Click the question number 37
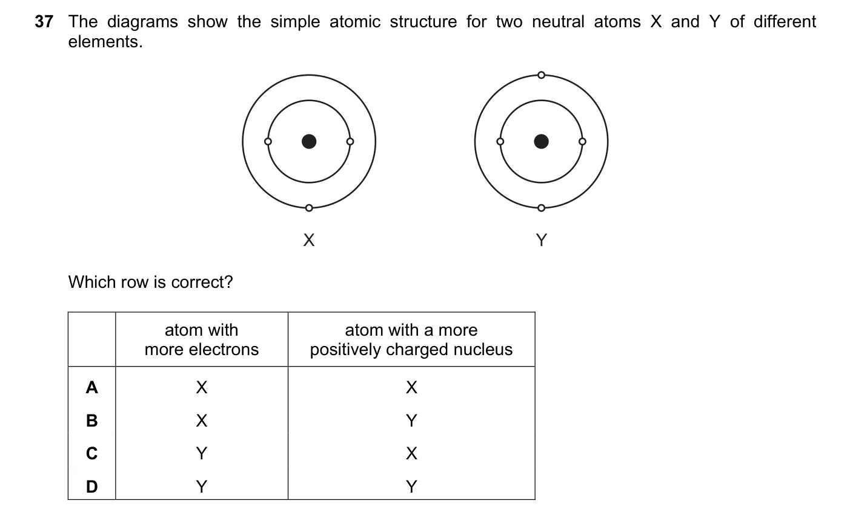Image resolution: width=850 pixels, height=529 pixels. [x=44, y=22]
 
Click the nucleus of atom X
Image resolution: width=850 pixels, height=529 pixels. [x=309, y=142]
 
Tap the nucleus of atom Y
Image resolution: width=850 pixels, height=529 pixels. [x=541, y=142]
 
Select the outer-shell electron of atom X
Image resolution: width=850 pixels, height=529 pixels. [x=309, y=208]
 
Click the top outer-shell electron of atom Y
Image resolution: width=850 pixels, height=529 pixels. [x=542, y=75]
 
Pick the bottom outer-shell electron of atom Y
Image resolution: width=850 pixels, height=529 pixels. [x=542, y=208]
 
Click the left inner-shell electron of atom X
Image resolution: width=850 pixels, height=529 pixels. [x=268, y=142]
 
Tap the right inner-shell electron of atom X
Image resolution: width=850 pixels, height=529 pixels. [x=350, y=142]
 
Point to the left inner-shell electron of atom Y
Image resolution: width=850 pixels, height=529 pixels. [x=500, y=142]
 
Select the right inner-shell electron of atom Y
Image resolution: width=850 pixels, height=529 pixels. [x=582, y=142]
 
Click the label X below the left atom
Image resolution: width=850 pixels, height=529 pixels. [x=309, y=240]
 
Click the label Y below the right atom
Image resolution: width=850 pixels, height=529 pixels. [x=542, y=240]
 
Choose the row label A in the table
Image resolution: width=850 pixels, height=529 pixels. [x=92, y=387]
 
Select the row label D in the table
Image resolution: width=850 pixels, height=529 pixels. [x=92, y=487]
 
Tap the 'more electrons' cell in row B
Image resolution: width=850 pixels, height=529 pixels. [x=202, y=421]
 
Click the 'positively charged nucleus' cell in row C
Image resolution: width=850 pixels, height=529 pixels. [x=411, y=453]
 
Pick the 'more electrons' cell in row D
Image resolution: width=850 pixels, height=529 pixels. [x=202, y=487]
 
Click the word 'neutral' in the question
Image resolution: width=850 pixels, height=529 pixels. [x=558, y=22]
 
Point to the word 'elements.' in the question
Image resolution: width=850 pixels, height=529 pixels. [x=105, y=42]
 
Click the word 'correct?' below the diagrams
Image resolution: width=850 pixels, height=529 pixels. [x=202, y=282]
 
